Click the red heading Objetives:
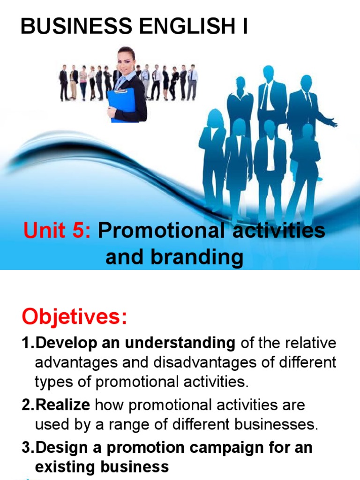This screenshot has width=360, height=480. coord(74,317)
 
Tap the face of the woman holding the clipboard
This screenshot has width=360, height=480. coord(125,60)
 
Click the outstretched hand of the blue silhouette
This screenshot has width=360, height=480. coord(333,123)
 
